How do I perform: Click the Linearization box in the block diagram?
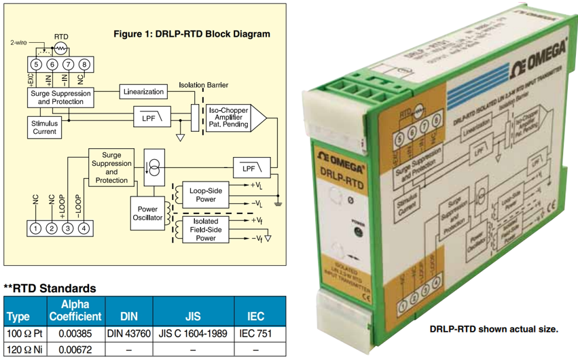(x=143, y=92)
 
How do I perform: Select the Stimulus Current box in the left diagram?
(x=45, y=127)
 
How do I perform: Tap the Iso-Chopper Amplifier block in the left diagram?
(x=229, y=117)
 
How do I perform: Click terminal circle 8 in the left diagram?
(x=84, y=65)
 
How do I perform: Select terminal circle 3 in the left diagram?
(x=67, y=228)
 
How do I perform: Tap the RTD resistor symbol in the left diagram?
(x=60, y=48)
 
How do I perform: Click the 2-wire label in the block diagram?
(x=20, y=42)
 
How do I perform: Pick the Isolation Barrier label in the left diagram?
(x=204, y=85)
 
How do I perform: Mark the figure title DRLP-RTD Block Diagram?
(x=191, y=34)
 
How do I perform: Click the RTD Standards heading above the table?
(x=50, y=288)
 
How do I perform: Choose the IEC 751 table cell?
(x=255, y=334)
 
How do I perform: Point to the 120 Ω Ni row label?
(x=24, y=350)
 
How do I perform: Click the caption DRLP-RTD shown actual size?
(x=494, y=328)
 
